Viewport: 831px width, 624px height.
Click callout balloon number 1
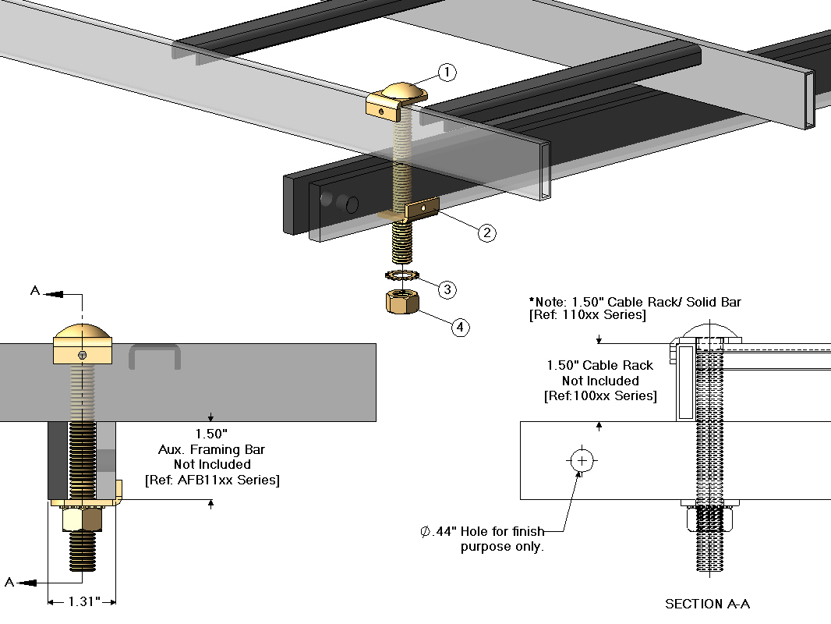coord(447,73)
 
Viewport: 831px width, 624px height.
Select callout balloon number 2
coord(486,232)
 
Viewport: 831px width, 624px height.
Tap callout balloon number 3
coord(447,289)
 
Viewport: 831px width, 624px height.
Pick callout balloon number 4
coord(460,327)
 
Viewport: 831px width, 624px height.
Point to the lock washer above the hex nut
coord(402,275)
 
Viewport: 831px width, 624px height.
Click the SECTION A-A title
coord(707,604)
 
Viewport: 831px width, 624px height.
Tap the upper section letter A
coord(34,291)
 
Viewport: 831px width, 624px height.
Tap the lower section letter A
coord(11,582)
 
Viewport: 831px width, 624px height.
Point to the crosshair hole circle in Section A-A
coord(582,460)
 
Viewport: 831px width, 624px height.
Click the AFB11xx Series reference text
coord(212,480)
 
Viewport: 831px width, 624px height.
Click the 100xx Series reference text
coord(599,396)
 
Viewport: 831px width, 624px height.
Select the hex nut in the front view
coord(81,517)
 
